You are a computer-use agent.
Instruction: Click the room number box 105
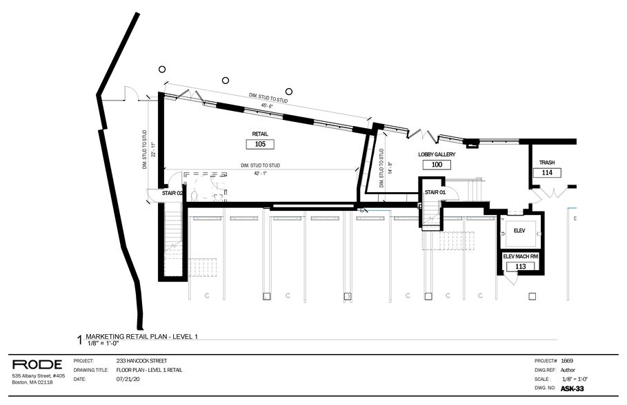260,144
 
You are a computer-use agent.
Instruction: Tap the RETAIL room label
260,134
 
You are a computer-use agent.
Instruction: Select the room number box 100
437,165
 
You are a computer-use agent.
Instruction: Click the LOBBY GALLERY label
437,154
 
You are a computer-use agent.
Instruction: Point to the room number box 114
547,173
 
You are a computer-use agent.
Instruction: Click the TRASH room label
547,163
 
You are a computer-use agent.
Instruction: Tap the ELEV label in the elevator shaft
519,231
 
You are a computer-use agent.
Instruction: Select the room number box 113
521,267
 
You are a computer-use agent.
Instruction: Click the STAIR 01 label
435,192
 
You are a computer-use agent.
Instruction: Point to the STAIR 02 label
172,193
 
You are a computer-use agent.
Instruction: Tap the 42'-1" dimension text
260,174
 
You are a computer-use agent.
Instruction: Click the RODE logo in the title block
37,364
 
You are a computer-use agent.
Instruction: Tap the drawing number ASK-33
573,388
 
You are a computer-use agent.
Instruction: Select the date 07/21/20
127,379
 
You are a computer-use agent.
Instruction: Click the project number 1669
566,361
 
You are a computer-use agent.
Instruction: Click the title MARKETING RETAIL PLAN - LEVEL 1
142,337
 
